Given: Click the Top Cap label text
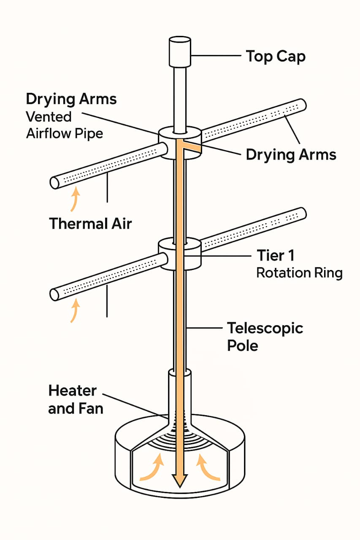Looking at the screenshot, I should (276, 56).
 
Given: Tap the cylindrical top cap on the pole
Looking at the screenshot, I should (180, 52).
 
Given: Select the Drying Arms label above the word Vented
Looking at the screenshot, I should (71, 99).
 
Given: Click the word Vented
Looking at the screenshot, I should (49, 116).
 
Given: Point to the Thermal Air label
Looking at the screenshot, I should (90, 223).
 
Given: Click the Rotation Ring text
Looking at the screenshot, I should (299, 273).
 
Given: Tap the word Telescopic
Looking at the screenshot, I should (265, 328).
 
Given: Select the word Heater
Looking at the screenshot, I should (73, 391).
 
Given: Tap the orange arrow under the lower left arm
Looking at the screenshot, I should (74, 310).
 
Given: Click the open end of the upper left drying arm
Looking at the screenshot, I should (54, 183).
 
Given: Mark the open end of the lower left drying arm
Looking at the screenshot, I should (54, 294).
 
